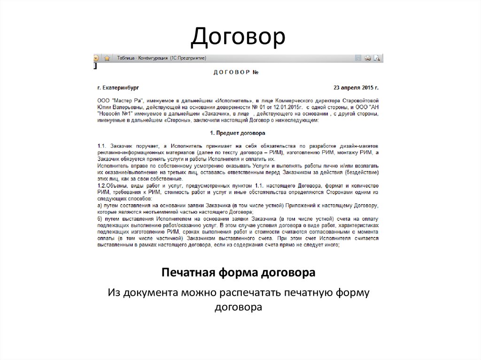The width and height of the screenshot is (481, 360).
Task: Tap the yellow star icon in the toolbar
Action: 107,58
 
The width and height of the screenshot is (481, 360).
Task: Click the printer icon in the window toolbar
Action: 368,58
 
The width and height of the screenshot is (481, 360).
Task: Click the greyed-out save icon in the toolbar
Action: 358,58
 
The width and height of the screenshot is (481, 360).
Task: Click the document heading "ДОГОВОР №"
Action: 236,73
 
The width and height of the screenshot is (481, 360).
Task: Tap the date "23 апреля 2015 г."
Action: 356,88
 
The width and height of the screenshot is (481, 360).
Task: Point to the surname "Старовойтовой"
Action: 359,100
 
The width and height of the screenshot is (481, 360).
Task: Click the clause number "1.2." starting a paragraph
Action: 102,186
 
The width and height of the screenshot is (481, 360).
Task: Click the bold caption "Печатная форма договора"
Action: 238,273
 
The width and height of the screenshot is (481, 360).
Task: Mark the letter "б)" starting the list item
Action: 100,219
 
